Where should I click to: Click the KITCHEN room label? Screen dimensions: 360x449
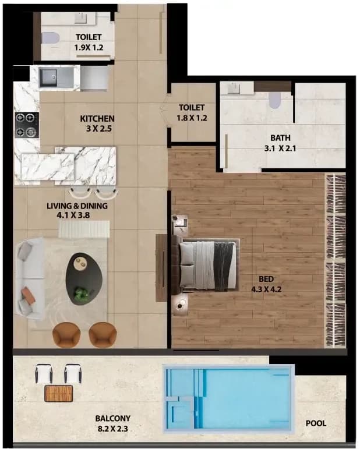click(x=97, y=118)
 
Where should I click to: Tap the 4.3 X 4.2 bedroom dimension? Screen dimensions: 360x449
click(x=266, y=289)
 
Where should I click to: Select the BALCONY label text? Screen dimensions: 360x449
click(x=113, y=418)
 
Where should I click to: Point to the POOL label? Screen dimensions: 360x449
click(x=316, y=423)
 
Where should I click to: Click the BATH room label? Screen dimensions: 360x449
click(x=280, y=138)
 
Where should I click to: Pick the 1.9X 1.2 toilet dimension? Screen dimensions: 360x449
click(x=89, y=48)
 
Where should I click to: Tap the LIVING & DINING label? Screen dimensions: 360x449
click(x=77, y=206)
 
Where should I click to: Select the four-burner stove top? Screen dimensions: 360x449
click(x=27, y=125)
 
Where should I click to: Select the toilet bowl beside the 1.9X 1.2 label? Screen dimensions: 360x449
click(x=51, y=38)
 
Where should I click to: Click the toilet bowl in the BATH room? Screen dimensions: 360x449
click(x=274, y=100)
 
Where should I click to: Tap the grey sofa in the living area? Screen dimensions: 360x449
click(x=30, y=279)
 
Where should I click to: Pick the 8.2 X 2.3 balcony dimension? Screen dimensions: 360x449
click(x=112, y=429)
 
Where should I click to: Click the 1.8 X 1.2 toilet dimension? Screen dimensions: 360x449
click(x=192, y=118)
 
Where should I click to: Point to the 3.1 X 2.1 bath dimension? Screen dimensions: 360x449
click(x=280, y=149)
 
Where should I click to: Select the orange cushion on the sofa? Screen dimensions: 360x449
click(x=28, y=295)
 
